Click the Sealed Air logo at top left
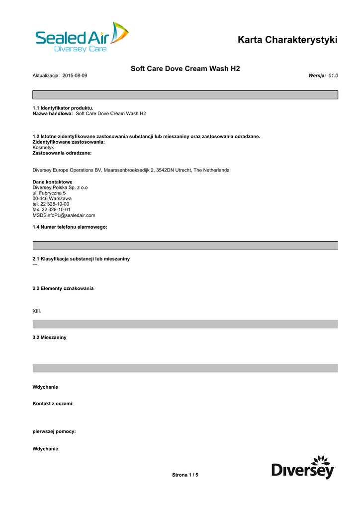click(x=82, y=37)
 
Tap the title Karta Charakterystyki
click(x=287, y=40)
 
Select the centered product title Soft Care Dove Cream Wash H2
click(x=185, y=69)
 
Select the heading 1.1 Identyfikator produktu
click(x=63, y=108)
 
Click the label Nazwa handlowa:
click(x=53, y=113)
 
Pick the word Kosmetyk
click(x=43, y=148)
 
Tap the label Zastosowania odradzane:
click(x=62, y=153)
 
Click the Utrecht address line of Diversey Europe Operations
click(x=131, y=170)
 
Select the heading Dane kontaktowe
click(x=52, y=182)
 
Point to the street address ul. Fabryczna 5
click(x=49, y=193)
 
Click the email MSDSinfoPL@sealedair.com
click(x=64, y=215)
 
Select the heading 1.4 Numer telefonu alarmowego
click(x=70, y=227)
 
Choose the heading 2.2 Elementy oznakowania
click(x=63, y=288)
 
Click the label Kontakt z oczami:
click(x=53, y=404)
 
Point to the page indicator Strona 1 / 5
click(x=185, y=475)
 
